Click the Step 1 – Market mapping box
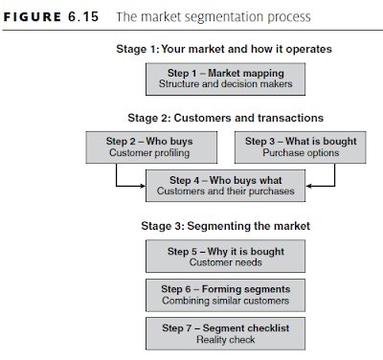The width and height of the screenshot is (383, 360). point(225,79)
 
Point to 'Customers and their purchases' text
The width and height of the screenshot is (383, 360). point(225,191)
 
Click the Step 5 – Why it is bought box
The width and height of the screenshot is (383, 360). point(225,257)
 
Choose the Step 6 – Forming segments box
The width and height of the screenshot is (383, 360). point(225,292)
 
